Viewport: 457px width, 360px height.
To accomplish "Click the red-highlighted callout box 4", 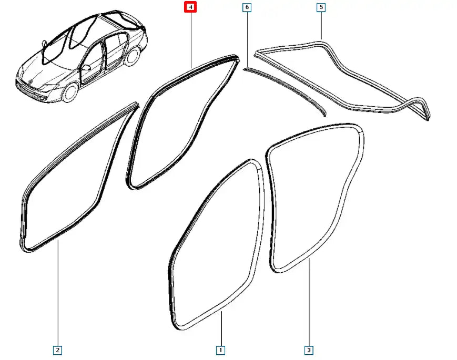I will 191,7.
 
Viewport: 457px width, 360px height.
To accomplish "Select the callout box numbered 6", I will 246,7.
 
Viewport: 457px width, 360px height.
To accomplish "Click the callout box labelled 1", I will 221,349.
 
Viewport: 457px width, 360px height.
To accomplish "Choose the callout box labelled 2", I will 58,349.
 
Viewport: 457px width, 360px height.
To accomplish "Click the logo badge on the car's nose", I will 32,80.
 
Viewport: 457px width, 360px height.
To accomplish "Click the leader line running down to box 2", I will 58,294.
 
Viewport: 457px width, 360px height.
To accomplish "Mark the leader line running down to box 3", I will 309,305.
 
